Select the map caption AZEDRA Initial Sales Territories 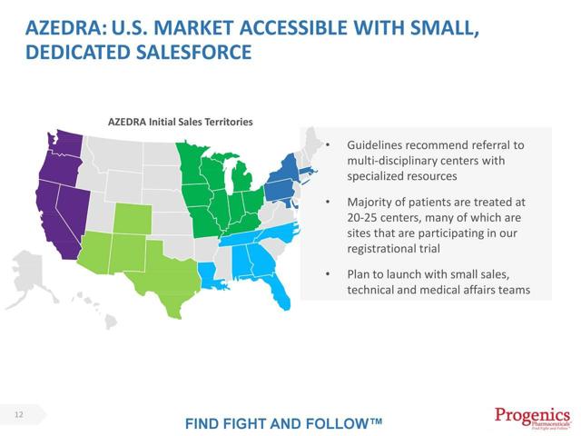[x=180, y=121]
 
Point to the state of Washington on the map [x=68, y=144]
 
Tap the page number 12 [x=18, y=415]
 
